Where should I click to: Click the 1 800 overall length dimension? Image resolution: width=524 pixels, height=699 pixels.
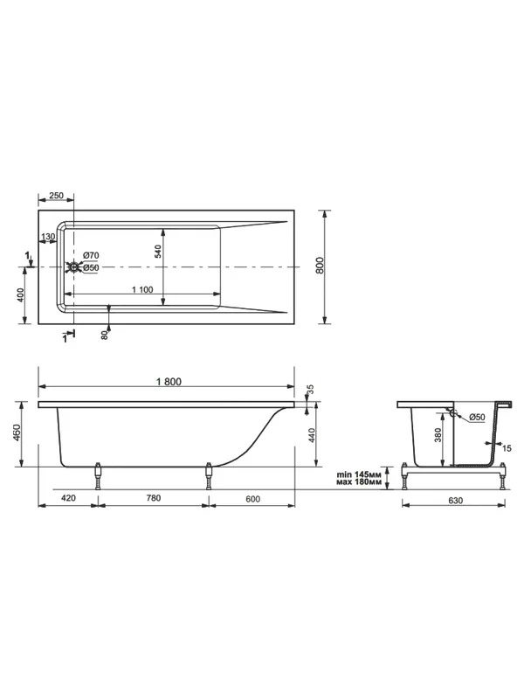169,381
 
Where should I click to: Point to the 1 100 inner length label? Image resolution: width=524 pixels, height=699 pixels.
142,290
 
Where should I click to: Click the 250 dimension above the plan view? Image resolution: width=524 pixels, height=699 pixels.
56,196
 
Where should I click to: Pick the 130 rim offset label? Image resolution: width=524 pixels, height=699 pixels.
48,236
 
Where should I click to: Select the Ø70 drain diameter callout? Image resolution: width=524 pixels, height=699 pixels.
91,255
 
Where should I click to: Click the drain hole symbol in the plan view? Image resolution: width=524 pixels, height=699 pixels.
73,267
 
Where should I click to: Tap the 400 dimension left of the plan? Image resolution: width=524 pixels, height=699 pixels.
20,295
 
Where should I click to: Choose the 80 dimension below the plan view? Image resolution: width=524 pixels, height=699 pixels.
105,336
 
